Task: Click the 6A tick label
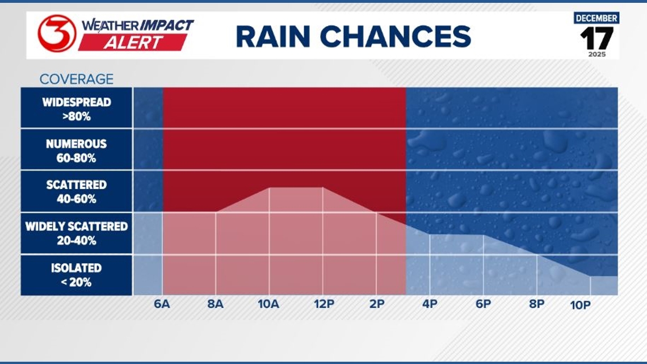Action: coord(162,304)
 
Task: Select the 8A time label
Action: coord(215,304)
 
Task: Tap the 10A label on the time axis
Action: coord(268,304)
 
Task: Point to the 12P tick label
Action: coord(323,304)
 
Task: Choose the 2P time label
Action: coord(376,304)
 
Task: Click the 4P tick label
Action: coord(430,304)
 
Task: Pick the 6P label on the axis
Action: coord(483,304)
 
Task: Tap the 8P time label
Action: coord(536,304)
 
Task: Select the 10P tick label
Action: coord(581,305)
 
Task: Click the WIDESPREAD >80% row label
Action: coord(77,109)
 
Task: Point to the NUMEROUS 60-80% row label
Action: coord(77,150)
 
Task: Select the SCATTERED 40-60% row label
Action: coord(77,192)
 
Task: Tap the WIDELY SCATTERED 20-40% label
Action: coord(77,233)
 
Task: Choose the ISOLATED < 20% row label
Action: coord(77,275)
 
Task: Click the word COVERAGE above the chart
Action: coord(76,79)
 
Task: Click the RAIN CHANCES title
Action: coord(353,37)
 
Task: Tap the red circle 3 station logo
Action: coord(57,34)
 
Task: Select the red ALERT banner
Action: coord(133,43)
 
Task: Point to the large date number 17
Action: coord(596,38)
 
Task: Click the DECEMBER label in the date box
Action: coord(596,18)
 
